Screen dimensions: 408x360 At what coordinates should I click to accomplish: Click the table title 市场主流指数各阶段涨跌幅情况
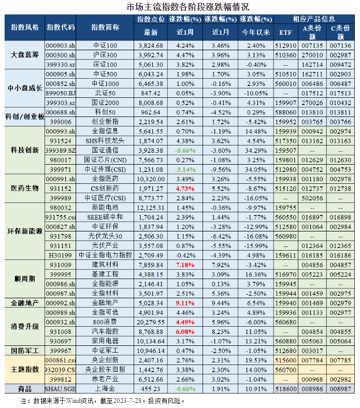180,7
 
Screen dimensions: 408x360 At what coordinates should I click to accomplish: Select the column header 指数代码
60,27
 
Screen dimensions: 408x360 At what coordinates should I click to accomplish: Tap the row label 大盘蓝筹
24,54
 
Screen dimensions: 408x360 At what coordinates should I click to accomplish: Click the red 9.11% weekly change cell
185,302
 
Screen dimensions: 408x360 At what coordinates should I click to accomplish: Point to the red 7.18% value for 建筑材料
185,264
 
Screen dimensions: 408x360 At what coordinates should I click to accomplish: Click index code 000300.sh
60,54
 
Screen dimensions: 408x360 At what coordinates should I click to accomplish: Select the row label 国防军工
24,350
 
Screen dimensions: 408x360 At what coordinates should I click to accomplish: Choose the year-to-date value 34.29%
256,150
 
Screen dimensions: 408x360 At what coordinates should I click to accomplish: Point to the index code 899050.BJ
60,93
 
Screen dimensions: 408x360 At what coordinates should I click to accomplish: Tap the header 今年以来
256,32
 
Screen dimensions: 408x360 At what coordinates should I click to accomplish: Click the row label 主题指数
24,369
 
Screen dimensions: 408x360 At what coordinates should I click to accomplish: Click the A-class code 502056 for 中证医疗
313,197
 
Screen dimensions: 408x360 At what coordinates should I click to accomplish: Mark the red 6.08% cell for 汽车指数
185,331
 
